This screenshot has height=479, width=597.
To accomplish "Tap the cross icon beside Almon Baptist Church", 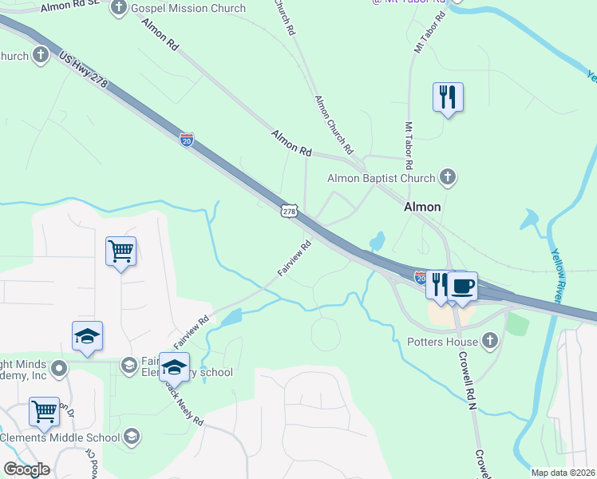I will pyautogui.click(x=448, y=178).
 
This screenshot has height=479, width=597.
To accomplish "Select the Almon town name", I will pyautogui.click(x=422, y=207).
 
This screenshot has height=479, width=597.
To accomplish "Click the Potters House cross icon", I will pyautogui.click(x=491, y=342).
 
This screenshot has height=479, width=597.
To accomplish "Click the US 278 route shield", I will pyautogui.click(x=289, y=211).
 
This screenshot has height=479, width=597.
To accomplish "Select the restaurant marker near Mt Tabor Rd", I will pyautogui.click(x=448, y=97).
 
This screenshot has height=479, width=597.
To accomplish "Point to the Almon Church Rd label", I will pyautogui.click(x=334, y=124).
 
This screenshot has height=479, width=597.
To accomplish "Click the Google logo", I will pyautogui.click(x=26, y=469).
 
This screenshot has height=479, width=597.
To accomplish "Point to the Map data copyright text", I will pyautogui.click(x=563, y=473).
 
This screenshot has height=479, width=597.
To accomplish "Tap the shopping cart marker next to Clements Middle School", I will pyautogui.click(x=45, y=412).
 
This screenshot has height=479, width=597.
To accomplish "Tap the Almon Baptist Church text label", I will pyautogui.click(x=382, y=178).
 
